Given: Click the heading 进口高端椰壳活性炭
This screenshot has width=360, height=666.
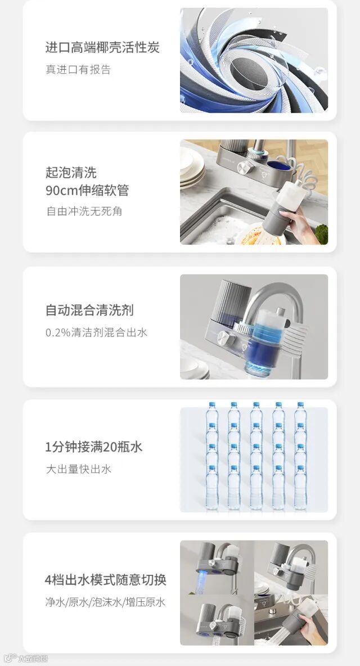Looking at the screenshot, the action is [x=102, y=47].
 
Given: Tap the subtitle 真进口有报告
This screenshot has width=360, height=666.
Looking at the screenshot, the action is [x=78, y=69].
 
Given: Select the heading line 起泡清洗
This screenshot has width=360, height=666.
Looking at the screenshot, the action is [x=71, y=172].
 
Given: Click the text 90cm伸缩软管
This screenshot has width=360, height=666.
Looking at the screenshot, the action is [x=87, y=190].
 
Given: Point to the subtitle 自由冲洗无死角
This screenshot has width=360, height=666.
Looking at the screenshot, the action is [x=84, y=211].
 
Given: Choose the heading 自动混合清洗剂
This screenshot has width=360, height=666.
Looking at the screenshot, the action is [x=89, y=309].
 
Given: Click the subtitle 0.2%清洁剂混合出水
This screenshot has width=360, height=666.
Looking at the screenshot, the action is [x=96, y=332].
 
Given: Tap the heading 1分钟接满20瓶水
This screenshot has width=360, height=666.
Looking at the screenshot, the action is [x=94, y=447].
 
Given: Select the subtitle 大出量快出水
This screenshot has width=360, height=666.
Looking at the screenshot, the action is [x=79, y=469].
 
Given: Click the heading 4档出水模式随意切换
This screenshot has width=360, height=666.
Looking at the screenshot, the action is [x=105, y=580].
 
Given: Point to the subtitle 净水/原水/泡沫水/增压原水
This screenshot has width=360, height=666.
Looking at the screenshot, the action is [x=105, y=602].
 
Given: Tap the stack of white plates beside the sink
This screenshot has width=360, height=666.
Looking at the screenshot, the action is [x=192, y=167].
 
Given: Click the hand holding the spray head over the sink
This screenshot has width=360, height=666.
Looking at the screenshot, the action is [x=302, y=224].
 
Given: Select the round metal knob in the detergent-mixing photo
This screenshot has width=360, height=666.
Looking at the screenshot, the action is [x=224, y=339].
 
